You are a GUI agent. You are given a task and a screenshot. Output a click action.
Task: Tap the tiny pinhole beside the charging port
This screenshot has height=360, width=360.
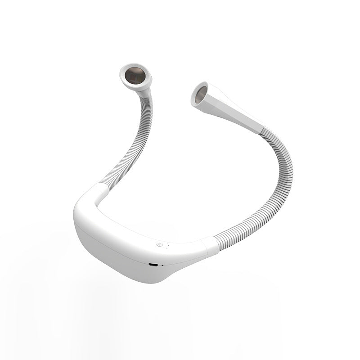tap(162, 265)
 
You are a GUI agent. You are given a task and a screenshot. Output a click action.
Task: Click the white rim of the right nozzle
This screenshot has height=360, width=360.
tap(194, 87)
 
